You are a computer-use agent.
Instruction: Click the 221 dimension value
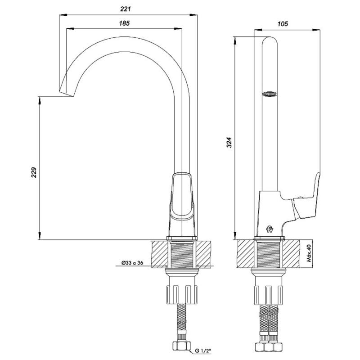pyautogui.click(x=126, y=9)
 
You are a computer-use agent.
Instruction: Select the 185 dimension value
pyautogui.click(x=124, y=23)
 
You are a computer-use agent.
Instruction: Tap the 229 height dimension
pyautogui.click(x=34, y=172)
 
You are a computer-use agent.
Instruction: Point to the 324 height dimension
pyautogui.click(x=229, y=142)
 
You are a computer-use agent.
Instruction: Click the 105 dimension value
pyautogui.click(x=283, y=24)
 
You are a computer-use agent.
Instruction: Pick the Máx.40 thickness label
pyautogui.click(x=309, y=253)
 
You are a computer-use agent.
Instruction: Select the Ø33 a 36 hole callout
pyautogui.click(x=132, y=263)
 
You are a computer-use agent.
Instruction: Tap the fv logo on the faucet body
pyautogui.click(x=270, y=229)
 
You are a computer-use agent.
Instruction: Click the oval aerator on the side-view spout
pyautogui.click(x=270, y=94)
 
